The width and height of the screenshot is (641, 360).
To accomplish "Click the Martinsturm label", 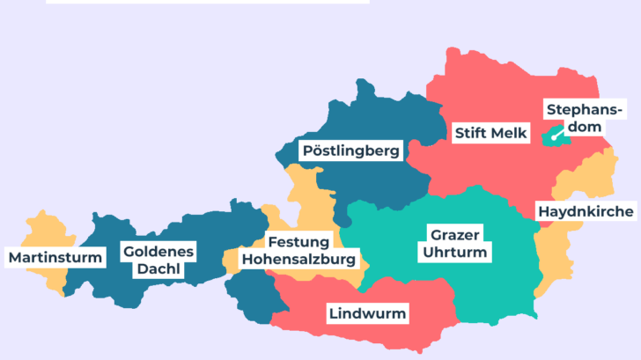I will [55, 258].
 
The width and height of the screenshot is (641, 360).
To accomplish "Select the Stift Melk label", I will [490, 133].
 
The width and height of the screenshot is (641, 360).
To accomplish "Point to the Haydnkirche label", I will [585, 212].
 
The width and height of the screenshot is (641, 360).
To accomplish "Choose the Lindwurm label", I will [367, 313].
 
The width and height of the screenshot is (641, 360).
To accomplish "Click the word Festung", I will [299, 242].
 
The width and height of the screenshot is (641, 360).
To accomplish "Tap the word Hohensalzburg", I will [299, 260].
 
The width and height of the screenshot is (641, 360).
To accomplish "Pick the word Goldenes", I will [158, 251].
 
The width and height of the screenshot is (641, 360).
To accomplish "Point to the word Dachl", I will [158, 268].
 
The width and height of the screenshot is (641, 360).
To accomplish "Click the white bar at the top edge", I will [207, 2].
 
